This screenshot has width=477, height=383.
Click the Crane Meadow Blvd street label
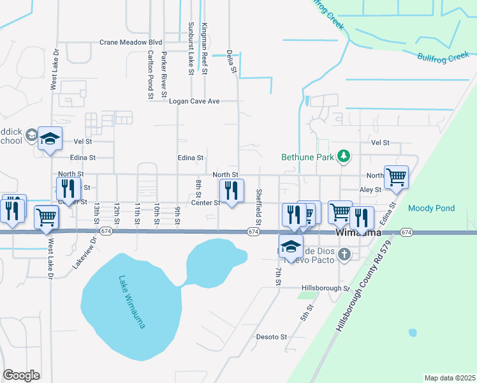click(x=131, y=43)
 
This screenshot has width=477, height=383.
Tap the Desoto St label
click(x=272, y=336)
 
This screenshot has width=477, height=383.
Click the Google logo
click(x=21, y=375)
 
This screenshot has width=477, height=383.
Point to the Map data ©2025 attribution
click(x=450, y=378)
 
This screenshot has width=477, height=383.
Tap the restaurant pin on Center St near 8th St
click(x=231, y=191)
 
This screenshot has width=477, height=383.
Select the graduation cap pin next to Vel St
click(x=49, y=139)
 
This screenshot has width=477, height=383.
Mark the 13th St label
click(x=97, y=214)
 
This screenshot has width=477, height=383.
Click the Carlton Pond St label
click(x=150, y=75)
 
